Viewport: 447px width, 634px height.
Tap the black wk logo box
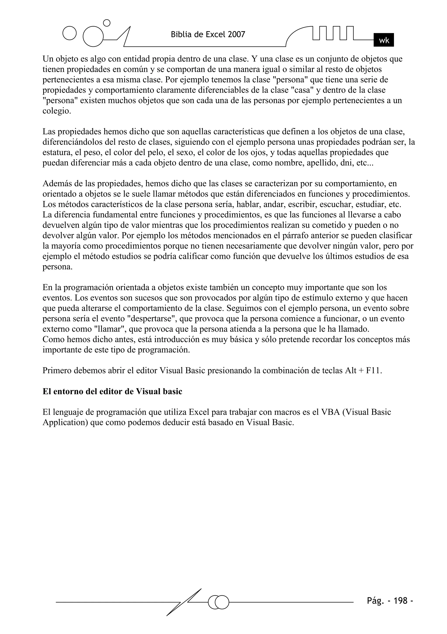coord(383,40)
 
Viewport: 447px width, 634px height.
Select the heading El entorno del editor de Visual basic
coord(112,392)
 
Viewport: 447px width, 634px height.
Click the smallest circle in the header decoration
coord(107,23)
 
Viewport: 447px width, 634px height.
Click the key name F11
coord(374,371)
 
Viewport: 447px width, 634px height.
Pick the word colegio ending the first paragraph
coord(57,111)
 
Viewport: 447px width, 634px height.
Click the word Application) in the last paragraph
coord(65,422)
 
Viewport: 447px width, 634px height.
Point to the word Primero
coord(57,371)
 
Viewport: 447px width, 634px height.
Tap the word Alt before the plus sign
coord(351,371)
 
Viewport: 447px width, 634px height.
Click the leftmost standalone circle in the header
coord(69,33)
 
